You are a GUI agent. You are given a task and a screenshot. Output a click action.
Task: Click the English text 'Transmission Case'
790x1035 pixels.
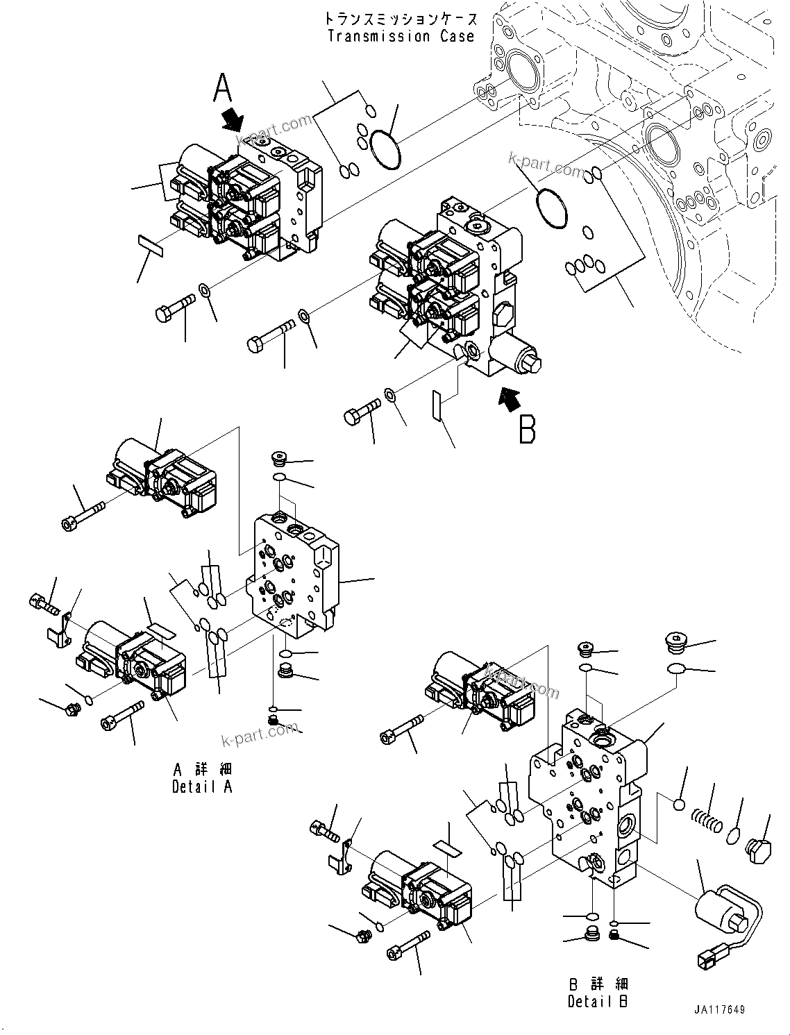point(401,37)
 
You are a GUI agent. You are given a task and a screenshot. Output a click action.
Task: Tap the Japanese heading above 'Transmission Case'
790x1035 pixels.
point(401,17)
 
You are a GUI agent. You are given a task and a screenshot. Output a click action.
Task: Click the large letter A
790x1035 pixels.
point(222,89)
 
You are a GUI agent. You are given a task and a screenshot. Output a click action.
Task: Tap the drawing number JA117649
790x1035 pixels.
point(718,1009)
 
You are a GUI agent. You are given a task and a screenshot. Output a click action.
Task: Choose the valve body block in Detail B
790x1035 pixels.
point(590,798)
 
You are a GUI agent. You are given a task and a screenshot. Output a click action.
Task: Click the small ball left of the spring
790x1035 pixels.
point(678,805)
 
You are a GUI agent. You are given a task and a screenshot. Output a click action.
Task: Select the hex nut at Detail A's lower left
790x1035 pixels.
point(72,710)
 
